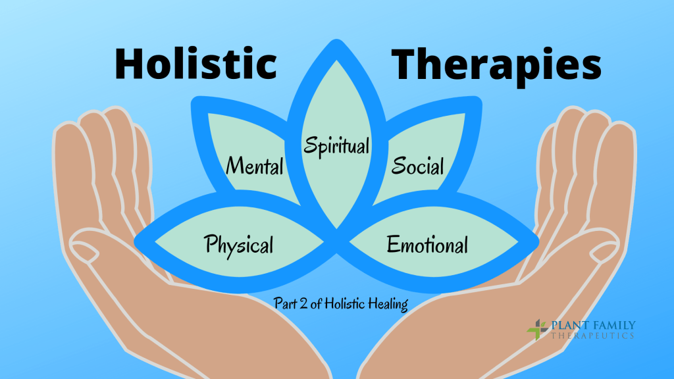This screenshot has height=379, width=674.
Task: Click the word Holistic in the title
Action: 195,64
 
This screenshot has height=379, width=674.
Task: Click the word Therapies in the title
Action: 497,64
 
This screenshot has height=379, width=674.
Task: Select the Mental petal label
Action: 255,165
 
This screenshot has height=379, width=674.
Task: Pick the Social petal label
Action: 417,165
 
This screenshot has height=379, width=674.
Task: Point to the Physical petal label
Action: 239,245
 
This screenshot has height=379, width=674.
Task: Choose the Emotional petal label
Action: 427,245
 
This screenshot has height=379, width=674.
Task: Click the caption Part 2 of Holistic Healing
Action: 340,304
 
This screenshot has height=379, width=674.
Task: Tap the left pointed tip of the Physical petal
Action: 140,241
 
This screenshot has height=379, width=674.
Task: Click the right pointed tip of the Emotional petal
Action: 534,240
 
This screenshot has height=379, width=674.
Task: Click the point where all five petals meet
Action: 337,227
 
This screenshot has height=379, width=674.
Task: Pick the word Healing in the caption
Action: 390,305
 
